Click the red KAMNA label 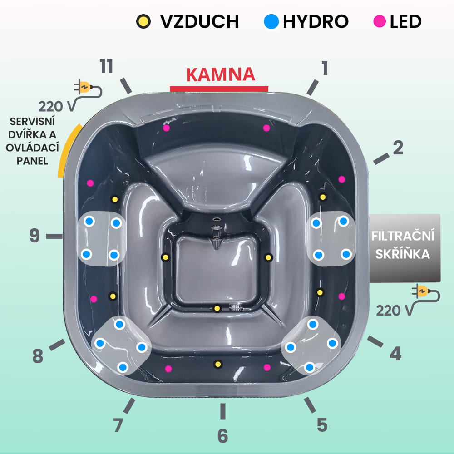click(221, 74)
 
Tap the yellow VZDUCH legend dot click(143, 21)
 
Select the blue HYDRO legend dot click(271, 21)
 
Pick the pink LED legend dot click(379, 21)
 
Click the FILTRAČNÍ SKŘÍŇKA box click(405, 248)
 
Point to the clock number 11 click(106, 66)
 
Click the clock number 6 click(222, 436)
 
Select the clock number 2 click(398, 148)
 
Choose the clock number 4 click(396, 354)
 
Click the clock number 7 click(118, 425)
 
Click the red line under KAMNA click(219, 89)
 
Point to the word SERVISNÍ click(32, 121)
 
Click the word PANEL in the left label click(32, 161)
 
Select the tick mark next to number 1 click(312, 88)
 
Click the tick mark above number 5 click(310, 405)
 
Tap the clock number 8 click(38, 356)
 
